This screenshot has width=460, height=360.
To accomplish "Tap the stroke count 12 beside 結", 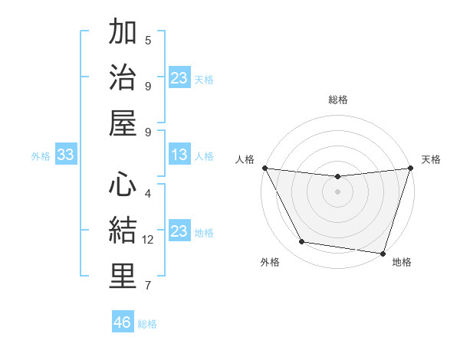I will click(x=148, y=240).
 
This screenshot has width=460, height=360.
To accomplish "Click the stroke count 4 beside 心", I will click(x=148, y=193).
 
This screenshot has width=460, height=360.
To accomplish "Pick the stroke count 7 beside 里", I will click(x=148, y=286).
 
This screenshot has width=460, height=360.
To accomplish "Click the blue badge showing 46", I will click(x=123, y=322).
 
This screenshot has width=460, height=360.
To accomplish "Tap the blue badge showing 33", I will click(x=65, y=155).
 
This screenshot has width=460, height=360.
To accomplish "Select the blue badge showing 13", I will click(x=179, y=155).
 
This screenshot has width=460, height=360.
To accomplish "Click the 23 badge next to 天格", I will click(x=179, y=77).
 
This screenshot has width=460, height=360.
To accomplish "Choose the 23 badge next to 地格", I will click(x=179, y=231).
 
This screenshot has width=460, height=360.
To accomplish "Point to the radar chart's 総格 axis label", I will click(x=338, y=100).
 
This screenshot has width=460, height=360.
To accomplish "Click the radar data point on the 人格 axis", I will click(x=264, y=168).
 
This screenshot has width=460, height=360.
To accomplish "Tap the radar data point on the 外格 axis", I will click(x=301, y=242).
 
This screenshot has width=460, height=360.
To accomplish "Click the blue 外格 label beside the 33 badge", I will click(x=41, y=156).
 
